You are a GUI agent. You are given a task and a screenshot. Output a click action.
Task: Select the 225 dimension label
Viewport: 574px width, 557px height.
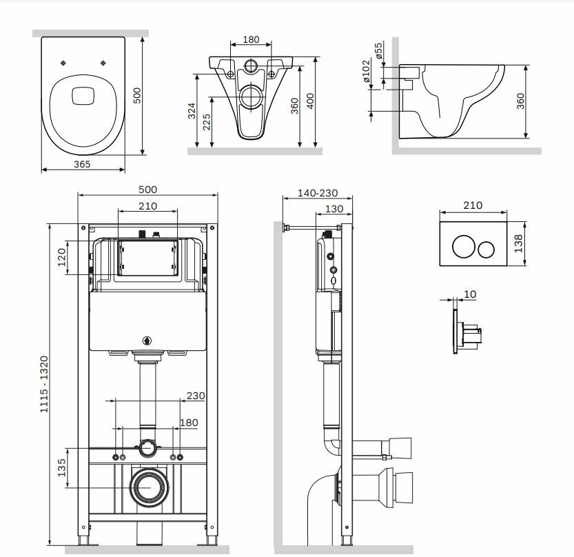[x=206, y=121]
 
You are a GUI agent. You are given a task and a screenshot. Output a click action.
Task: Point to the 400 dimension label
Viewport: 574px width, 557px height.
[x=310, y=101]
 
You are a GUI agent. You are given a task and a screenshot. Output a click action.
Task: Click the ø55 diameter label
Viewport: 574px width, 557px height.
[x=378, y=51]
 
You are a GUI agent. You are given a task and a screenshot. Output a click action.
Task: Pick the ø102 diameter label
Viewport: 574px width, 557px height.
[x=367, y=71]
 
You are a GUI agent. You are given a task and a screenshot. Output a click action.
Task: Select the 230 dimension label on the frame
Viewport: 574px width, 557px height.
[x=196, y=396]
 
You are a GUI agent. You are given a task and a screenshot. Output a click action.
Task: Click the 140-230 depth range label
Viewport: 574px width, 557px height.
[x=318, y=193]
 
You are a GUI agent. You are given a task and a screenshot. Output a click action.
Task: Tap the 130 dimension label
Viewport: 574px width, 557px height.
[x=334, y=209]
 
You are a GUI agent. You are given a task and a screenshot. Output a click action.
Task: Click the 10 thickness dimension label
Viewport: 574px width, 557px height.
[x=470, y=294]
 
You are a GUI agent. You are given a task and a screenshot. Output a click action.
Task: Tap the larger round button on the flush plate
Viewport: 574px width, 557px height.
[x=462, y=247]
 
